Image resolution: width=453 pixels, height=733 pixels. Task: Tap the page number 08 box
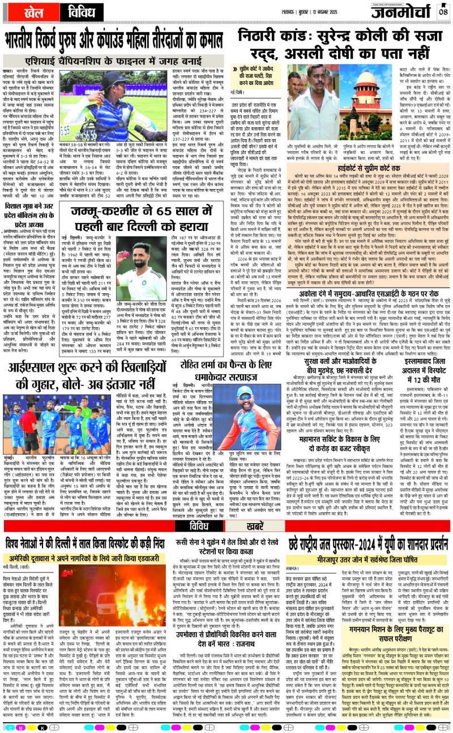[x=443, y=12]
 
